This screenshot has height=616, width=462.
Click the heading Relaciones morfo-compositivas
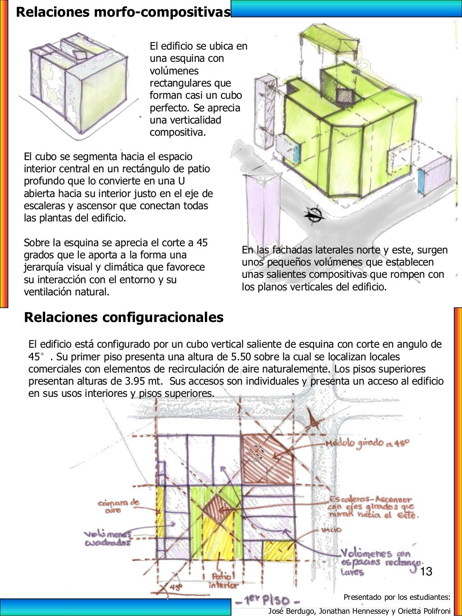[123, 12]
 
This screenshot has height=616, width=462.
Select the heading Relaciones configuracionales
[124, 317]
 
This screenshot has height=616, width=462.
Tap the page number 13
[426, 572]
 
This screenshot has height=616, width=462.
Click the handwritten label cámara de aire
[119, 506]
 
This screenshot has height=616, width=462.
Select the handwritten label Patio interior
[223, 581]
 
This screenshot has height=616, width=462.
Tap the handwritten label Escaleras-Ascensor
[370, 500]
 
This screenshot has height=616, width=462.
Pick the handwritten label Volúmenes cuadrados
[107, 538]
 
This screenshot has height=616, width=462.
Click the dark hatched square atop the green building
[346, 96]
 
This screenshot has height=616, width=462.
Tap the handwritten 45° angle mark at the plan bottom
[175, 588]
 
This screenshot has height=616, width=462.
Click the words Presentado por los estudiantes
[397, 598]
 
